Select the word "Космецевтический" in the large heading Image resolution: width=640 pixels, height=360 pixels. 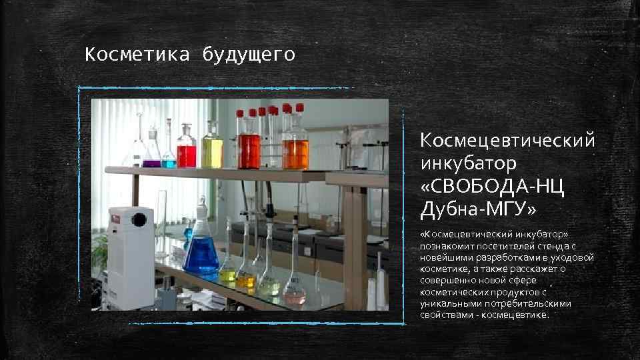(x=507, y=141)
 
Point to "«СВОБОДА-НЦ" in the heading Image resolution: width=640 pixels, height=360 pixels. (x=492, y=187)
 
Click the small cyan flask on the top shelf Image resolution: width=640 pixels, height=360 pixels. (x=169, y=159)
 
